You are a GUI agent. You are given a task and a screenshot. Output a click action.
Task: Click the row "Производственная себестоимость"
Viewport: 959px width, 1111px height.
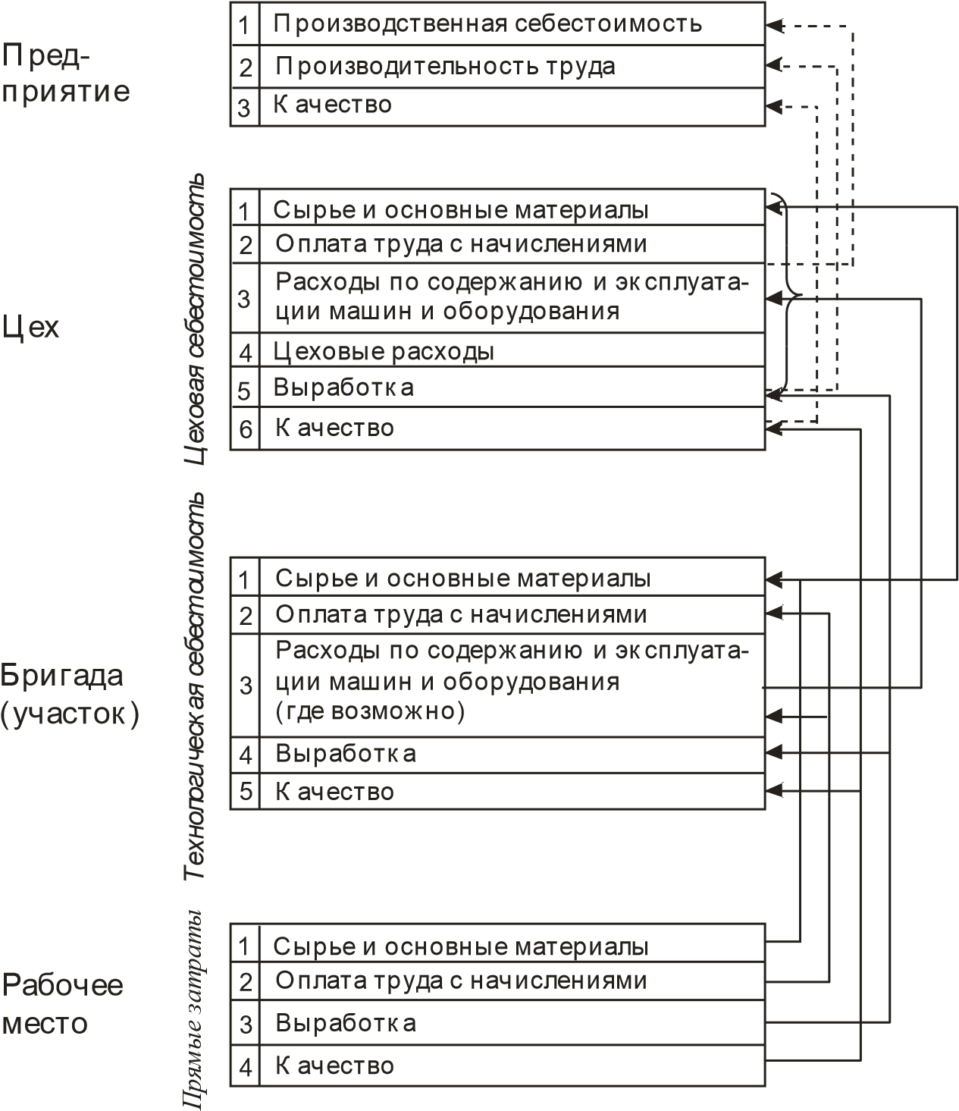(x=487, y=24)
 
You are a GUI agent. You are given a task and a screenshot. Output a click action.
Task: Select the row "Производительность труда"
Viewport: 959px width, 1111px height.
(x=445, y=67)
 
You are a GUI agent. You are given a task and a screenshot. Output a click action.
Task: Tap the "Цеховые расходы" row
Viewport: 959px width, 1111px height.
(x=384, y=352)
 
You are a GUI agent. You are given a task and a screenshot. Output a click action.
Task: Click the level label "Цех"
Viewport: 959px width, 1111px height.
(x=31, y=328)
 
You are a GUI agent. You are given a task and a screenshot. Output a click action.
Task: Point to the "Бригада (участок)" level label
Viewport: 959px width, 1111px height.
(x=70, y=694)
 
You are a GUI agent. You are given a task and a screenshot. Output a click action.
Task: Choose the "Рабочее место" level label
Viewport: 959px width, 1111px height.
(x=61, y=1004)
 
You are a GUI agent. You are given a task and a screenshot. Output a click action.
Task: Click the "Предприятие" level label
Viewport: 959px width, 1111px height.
(x=66, y=74)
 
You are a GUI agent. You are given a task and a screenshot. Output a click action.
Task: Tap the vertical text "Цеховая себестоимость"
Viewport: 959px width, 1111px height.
(x=196, y=319)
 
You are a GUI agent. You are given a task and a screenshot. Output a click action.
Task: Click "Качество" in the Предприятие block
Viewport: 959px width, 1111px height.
(x=332, y=105)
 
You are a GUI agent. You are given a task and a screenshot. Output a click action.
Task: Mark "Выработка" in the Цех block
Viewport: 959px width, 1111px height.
(x=343, y=388)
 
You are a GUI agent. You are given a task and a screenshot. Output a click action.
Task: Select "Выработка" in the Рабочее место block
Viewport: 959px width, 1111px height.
(x=346, y=1023)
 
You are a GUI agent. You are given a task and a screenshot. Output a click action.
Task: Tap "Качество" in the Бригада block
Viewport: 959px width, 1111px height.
(x=334, y=792)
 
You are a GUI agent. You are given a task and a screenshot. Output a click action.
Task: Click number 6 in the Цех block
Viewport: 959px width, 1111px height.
(x=245, y=429)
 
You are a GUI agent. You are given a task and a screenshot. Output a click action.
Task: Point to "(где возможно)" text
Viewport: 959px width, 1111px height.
(x=369, y=711)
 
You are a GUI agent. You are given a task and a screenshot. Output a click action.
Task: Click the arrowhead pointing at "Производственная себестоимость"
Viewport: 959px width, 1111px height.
(x=773, y=26)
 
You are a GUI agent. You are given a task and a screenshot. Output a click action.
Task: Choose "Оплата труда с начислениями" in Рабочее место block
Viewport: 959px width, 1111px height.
(x=461, y=981)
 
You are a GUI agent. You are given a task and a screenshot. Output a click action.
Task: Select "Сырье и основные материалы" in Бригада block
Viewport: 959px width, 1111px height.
(x=462, y=579)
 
